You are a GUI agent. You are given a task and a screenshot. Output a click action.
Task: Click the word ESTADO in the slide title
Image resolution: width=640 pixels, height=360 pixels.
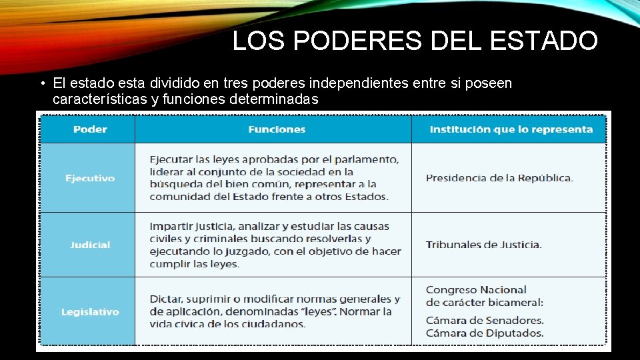tap(543, 41)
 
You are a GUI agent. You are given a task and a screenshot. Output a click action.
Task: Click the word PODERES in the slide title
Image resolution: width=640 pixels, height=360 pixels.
tap(357, 41)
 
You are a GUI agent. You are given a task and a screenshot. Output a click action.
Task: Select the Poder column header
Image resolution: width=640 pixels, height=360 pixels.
tap(90, 129)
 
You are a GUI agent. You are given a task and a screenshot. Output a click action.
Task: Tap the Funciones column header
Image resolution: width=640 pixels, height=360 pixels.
tap(277, 129)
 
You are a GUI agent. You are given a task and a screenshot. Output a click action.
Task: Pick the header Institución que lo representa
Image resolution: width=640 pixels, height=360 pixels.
tap(511, 129)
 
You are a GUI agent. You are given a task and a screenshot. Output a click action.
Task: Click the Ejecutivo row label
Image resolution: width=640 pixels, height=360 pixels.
tap(90, 178)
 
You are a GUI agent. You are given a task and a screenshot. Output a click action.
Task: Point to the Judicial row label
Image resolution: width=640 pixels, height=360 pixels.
tap(90, 245)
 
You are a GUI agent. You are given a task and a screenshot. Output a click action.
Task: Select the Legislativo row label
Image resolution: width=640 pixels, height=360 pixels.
tap(90, 311)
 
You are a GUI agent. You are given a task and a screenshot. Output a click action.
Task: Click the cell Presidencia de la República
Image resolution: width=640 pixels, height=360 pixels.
tap(499, 178)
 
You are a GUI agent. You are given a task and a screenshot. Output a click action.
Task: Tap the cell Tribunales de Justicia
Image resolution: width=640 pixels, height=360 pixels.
tap(484, 245)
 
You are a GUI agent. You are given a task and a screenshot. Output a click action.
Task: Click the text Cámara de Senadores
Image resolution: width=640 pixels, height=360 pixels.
tap(485, 320)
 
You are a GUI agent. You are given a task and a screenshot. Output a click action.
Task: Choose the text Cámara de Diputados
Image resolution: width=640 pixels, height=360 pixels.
tap(485, 333)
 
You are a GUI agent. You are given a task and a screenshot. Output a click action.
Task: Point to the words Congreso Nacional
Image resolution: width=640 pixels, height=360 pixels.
tap(476, 290)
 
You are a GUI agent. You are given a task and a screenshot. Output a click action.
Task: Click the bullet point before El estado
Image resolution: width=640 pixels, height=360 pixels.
tap(41, 84)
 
